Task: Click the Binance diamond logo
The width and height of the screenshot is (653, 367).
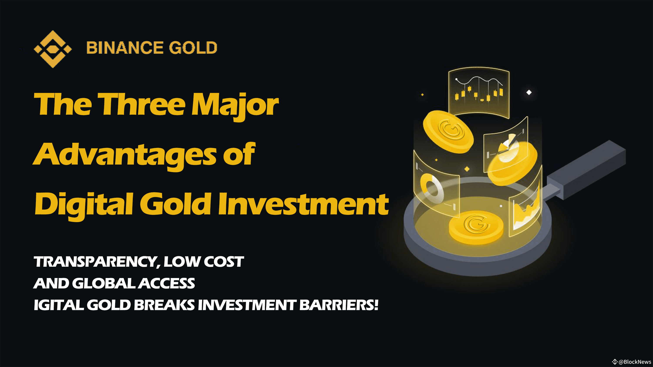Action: tap(53, 49)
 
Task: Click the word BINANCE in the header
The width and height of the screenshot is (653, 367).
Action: tap(125, 48)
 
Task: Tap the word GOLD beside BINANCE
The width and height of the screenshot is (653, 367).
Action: tap(193, 48)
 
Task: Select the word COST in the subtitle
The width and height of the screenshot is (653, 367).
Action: tap(224, 262)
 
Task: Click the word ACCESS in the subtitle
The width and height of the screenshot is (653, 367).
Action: tap(167, 283)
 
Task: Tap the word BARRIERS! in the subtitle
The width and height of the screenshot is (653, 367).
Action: tap(339, 305)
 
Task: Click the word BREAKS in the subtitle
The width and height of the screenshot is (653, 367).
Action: tap(164, 305)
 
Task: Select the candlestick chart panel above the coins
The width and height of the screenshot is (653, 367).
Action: tap(479, 93)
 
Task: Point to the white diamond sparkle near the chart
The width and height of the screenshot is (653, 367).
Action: tap(529, 92)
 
